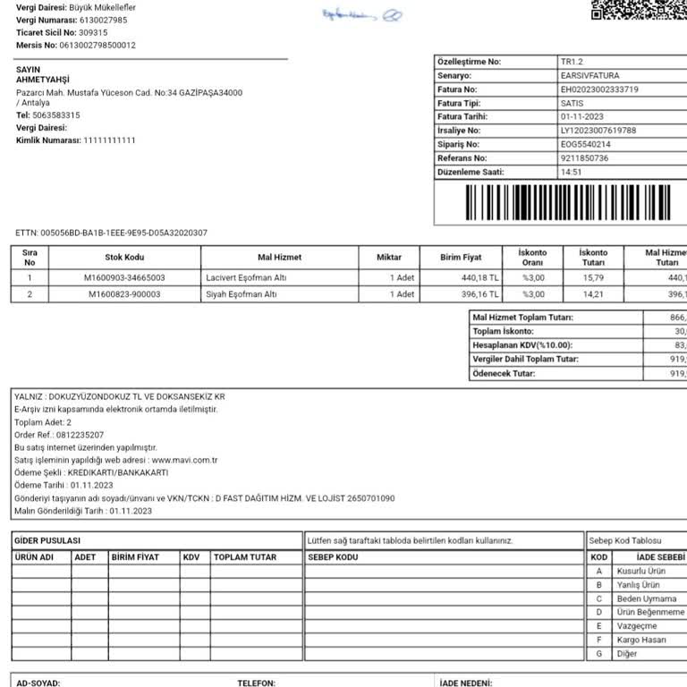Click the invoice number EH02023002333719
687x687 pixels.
pyautogui.click(x=599, y=89)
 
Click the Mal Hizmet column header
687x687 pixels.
pyautogui.click(x=279, y=258)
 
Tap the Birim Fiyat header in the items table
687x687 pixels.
pyautogui.click(x=461, y=258)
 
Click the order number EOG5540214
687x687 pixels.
pyautogui.click(x=586, y=144)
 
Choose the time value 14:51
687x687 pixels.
pyautogui.click(x=571, y=172)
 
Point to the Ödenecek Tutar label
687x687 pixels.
pyautogui.click(x=504, y=374)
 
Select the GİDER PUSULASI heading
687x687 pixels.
pyautogui.click(x=47, y=541)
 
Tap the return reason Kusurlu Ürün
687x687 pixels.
pyautogui.click(x=640, y=571)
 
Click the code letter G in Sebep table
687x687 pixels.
pyautogui.click(x=598, y=654)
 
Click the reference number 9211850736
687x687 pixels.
pyautogui.click(x=584, y=158)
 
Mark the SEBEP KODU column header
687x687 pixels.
pyautogui.click(x=333, y=557)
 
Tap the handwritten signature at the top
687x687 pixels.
pyautogui.click(x=361, y=15)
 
